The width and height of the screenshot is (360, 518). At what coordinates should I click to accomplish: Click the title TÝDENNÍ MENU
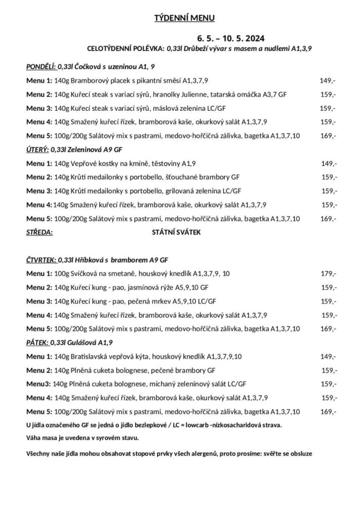[x=185, y=19]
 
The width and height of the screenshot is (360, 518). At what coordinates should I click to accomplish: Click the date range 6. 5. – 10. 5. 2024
[x=231, y=38]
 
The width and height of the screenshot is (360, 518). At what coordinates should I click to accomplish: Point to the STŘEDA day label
[x=39, y=233]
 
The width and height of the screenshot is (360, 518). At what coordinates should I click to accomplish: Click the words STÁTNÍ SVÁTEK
[x=176, y=233]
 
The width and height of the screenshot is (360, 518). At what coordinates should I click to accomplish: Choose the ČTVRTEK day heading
[x=41, y=260]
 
